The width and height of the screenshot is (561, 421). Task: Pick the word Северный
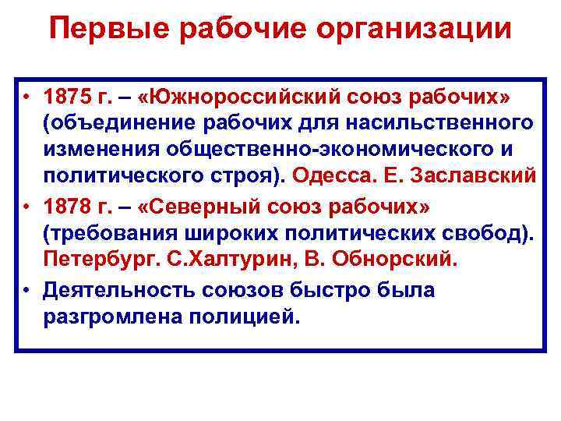pos(208,210)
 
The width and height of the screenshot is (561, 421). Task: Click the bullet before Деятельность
pos(26,291)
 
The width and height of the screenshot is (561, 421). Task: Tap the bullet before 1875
pos(26,99)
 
